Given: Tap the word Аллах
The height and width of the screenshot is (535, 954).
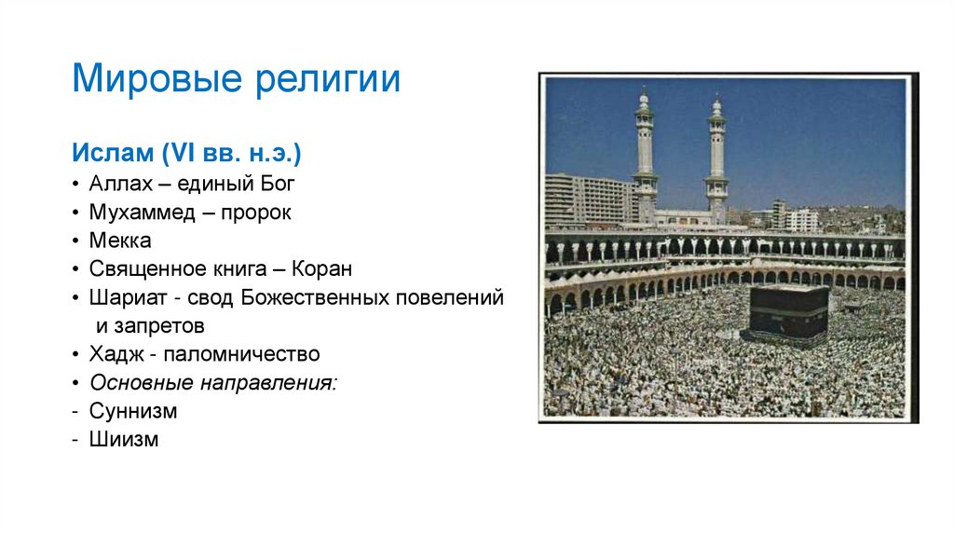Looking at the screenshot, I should pos(117,183).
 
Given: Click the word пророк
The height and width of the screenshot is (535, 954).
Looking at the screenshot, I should pos(258,213).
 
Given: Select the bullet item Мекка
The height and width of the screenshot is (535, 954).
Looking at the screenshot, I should pos(120,240).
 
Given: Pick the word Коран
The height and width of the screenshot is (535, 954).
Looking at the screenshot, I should pos(321,269).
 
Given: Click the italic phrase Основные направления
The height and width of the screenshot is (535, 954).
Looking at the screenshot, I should pos(213,383).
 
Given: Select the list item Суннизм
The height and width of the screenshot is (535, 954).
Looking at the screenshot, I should pos(133,411).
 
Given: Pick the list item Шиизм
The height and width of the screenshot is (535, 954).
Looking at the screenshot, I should pos(124,439).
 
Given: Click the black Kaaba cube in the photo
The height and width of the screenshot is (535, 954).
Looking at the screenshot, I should pos(788,311).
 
